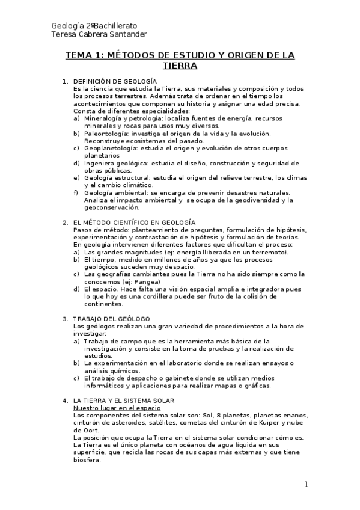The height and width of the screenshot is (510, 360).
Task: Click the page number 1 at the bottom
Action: [x=305, y=485]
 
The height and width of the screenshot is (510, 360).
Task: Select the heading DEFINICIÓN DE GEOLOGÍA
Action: [x=115, y=81]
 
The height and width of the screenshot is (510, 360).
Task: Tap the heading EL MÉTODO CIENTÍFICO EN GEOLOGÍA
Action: [x=134, y=223]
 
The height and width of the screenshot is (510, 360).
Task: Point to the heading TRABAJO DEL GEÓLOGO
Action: [x=111, y=318]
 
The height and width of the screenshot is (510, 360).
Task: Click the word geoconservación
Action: [x=112, y=207]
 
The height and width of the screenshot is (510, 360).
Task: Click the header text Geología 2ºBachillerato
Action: [x=94, y=26]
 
